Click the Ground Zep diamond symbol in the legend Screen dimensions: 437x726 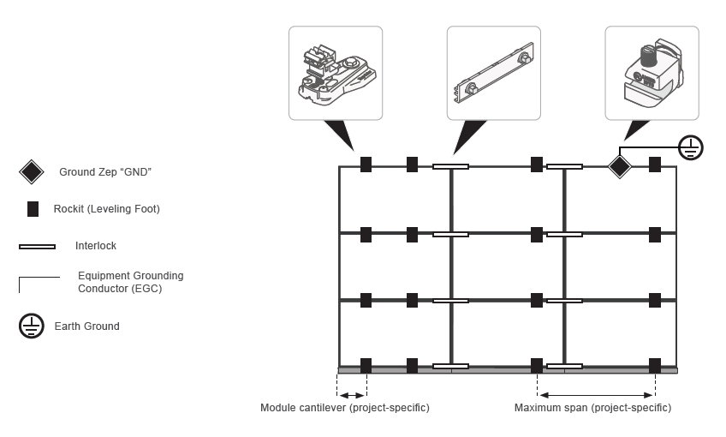[x=32, y=172]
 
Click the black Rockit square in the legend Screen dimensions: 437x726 [x=33, y=208]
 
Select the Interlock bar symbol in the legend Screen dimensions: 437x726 [x=37, y=247]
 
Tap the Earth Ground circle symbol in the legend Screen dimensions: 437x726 [x=32, y=326]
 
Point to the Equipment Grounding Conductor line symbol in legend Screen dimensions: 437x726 [x=39, y=282]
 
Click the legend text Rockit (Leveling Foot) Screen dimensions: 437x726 [x=106, y=208]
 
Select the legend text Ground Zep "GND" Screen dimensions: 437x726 [x=105, y=172]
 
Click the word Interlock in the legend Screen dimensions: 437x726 [x=96, y=246]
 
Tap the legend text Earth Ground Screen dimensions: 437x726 [x=87, y=326]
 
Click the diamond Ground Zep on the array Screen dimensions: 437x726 [x=619, y=166]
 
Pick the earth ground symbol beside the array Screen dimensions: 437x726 [x=691, y=147]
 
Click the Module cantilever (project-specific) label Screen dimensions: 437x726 [x=345, y=408]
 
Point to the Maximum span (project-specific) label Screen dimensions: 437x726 [x=592, y=408]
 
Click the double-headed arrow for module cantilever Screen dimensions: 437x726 [x=353, y=395]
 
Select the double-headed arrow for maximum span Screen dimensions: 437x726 [x=596, y=395]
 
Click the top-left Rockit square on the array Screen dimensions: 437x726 [x=366, y=165]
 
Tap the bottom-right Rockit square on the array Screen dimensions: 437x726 [x=655, y=366]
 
